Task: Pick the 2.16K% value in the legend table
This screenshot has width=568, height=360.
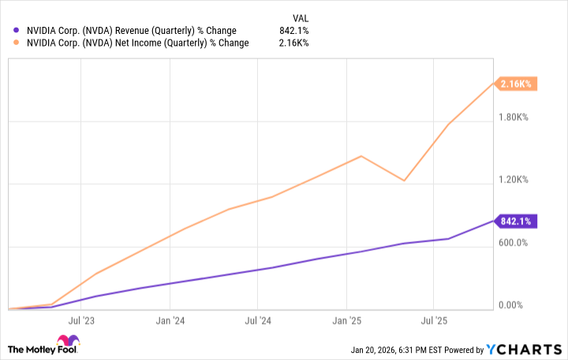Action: (x=294, y=43)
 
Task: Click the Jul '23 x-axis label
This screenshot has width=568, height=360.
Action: (x=81, y=321)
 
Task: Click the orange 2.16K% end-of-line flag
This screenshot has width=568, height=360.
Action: (x=517, y=84)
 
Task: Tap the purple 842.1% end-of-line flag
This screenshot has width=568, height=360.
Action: (x=517, y=221)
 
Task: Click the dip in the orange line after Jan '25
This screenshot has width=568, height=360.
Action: (x=404, y=181)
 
